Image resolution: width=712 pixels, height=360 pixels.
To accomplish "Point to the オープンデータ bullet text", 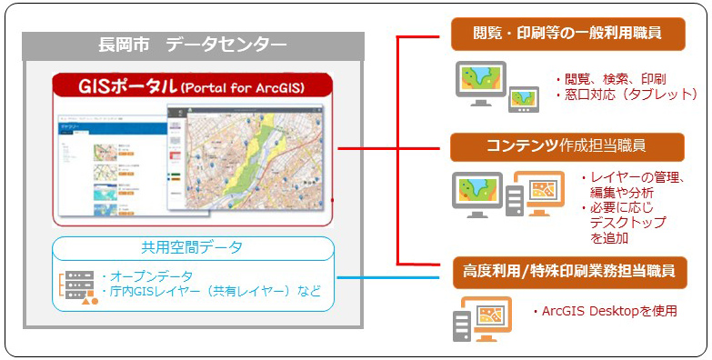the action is point(149,275).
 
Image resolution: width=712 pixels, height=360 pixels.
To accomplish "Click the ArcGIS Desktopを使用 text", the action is point(604,311).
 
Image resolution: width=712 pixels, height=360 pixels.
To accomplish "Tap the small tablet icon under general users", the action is point(523,98).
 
